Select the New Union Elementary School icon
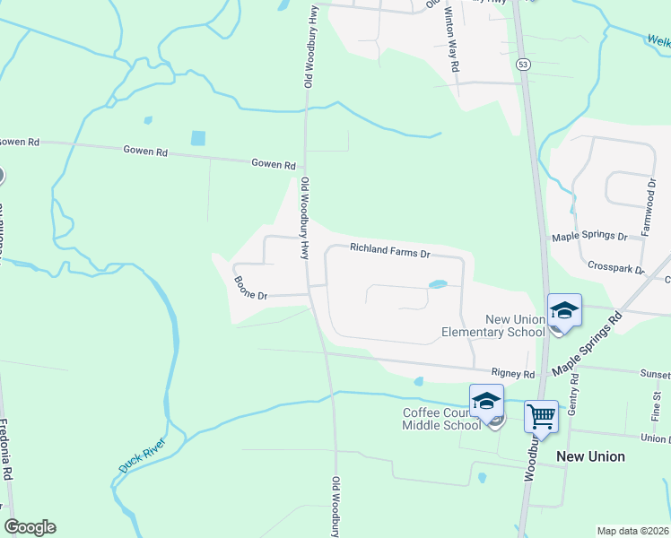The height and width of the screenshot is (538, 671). coord(564,311)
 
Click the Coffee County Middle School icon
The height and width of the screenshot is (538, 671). coord(486,402)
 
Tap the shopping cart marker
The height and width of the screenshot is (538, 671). coord(541,417)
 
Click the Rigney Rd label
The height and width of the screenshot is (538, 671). coord(512,373)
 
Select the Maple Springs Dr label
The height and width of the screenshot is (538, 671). coord(589,236)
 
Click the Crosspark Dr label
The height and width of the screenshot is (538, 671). coord(616,266)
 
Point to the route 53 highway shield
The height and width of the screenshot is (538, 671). coord(522,64)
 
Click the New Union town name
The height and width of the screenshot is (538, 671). coord(590,456)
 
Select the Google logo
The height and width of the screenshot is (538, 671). coord(30,526)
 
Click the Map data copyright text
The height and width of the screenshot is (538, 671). coord(632,531)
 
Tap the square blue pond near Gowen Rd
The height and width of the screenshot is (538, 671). coord(198,138)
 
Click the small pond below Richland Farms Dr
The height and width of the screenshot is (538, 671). coord(438,285)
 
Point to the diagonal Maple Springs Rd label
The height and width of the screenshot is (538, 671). coord(588,344)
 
